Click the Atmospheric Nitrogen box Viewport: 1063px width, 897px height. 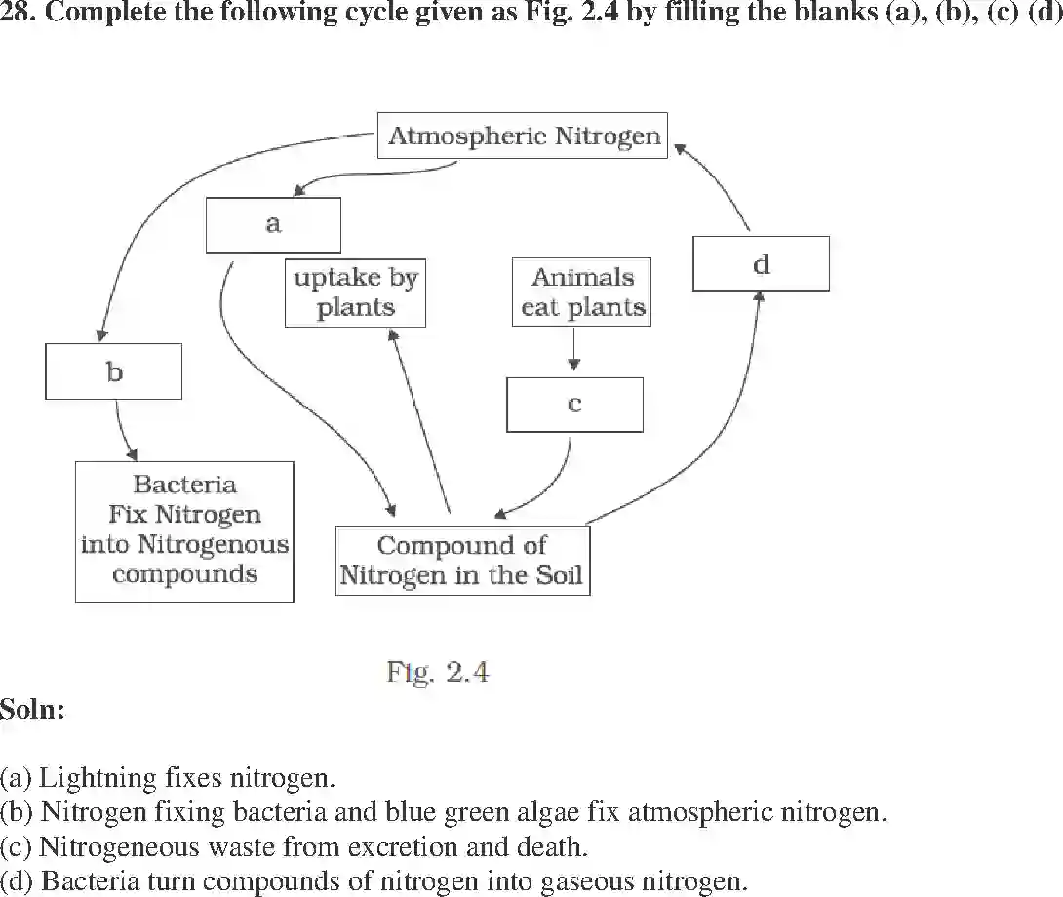click(x=524, y=136)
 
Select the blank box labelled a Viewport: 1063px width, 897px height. click(x=273, y=224)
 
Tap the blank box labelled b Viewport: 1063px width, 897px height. click(x=113, y=371)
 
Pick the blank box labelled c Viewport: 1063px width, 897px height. click(x=574, y=404)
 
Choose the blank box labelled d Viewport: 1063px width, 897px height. click(x=761, y=263)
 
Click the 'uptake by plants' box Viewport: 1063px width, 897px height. click(x=355, y=292)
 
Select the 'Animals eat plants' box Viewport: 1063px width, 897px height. click(x=581, y=292)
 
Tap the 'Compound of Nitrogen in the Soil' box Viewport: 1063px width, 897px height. click(x=461, y=561)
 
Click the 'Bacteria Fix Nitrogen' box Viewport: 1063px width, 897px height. click(x=184, y=530)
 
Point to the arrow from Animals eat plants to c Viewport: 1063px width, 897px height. click(x=574, y=349)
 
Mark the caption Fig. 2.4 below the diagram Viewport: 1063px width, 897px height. click(x=437, y=673)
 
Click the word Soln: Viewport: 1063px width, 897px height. click(x=32, y=709)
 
